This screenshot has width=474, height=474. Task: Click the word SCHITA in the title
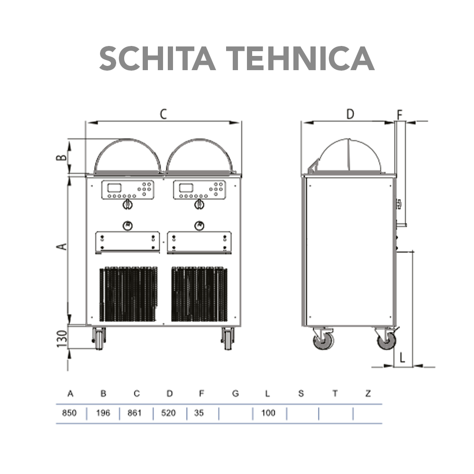point(157,58)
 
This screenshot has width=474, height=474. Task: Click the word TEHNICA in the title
point(301,58)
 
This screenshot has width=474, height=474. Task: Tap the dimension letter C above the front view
point(163,114)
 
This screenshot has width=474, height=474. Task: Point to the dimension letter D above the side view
point(350,114)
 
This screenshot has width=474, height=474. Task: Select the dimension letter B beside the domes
point(62,157)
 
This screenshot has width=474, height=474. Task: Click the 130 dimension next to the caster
point(62,338)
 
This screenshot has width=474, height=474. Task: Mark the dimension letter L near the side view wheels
point(402,358)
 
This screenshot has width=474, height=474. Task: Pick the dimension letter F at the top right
point(400,115)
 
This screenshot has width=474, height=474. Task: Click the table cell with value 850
point(69,413)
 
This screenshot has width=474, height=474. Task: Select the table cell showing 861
point(134,413)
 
